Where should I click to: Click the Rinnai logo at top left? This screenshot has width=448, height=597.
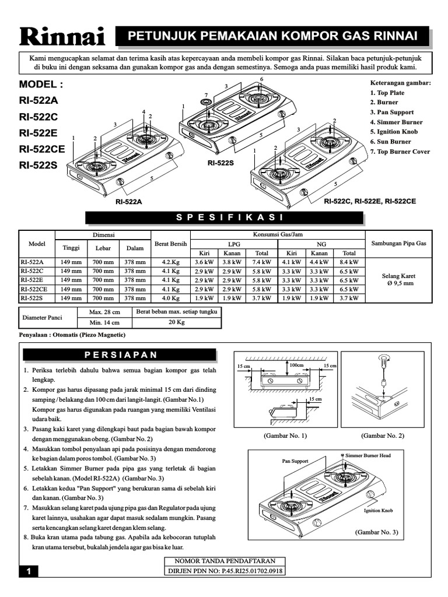(x=62, y=37)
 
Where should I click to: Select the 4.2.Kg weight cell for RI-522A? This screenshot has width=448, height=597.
(x=171, y=262)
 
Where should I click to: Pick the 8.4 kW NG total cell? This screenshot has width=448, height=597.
(x=349, y=262)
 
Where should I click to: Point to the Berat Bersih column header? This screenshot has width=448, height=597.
(x=171, y=244)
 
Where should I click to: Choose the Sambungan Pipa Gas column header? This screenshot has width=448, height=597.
(x=396, y=244)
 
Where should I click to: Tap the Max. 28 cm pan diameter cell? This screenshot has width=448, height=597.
(x=104, y=312)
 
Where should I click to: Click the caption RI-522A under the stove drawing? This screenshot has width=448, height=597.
(x=129, y=201)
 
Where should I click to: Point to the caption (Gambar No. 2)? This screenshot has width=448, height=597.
(x=383, y=436)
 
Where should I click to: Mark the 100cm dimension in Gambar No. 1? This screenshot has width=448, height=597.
(x=297, y=364)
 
